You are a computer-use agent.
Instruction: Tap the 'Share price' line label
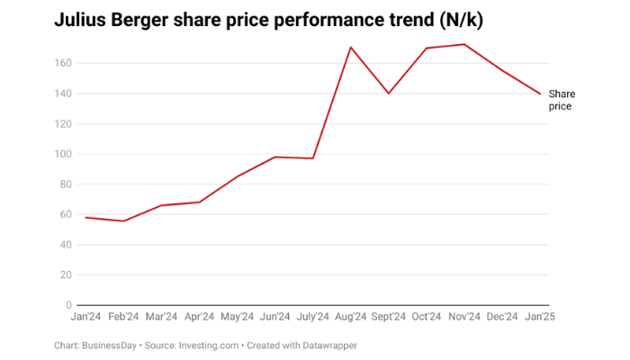[x=562, y=100]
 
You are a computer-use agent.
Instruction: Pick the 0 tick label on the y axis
[x=67, y=305]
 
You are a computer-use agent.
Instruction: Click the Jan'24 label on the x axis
[x=86, y=317]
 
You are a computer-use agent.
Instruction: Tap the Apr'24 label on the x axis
[x=199, y=317]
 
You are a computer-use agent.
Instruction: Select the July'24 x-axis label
[x=312, y=317]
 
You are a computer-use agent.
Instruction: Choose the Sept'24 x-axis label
[x=389, y=317]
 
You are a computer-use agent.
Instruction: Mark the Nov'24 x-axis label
[x=464, y=317]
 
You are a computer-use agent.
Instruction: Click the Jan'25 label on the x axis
[x=540, y=317]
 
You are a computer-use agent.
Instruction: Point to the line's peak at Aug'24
[x=351, y=47]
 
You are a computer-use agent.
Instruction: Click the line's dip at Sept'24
[x=389, y=94]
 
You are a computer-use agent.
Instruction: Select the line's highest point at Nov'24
[x=464, y=44]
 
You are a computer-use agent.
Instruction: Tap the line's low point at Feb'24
[x=123, y=220]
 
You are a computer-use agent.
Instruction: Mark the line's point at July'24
[x=312, y=158]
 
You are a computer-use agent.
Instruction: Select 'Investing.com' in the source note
[x=208, y=346]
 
